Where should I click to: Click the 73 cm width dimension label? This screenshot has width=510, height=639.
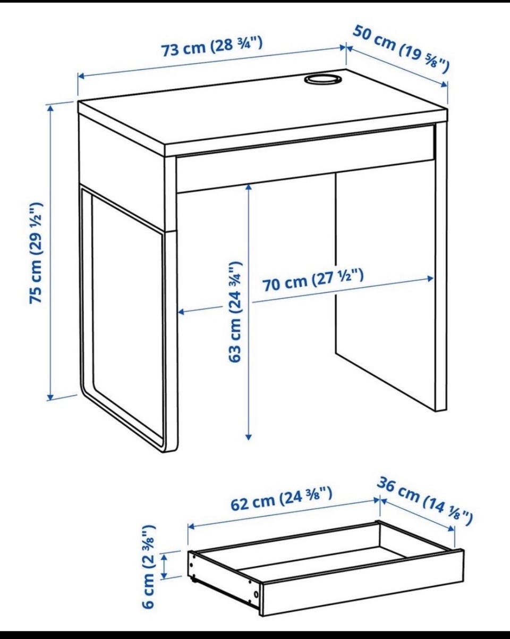[212, 47]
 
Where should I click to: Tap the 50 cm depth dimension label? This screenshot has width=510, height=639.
[401, 49]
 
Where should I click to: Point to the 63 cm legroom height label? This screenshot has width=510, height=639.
[235, 312]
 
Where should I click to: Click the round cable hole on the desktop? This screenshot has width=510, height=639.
[322, 79]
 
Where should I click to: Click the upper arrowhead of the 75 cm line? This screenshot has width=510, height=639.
[50, 108]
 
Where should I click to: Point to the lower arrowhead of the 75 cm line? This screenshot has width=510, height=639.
[50, 397]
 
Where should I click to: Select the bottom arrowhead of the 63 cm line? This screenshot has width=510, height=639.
[249, 436]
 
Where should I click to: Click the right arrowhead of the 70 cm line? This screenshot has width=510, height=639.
[430, 279]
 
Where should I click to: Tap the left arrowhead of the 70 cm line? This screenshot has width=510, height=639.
[181, 312]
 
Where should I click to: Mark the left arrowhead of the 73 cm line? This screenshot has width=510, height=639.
[82, 77]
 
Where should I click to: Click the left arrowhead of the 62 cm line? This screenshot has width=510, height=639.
[191, 526]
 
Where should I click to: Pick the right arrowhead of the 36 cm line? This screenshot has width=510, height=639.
[451, 528]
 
